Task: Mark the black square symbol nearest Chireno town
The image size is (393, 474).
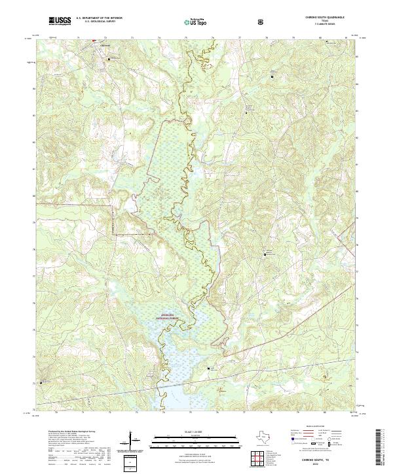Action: coord(94,42)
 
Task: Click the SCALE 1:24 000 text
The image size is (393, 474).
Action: coord(193,432)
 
